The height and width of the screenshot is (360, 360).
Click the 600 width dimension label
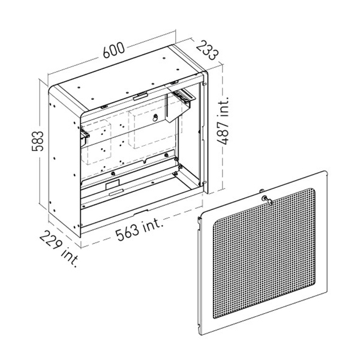114,50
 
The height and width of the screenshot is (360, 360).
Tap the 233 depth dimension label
208,50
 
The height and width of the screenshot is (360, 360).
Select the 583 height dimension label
37,141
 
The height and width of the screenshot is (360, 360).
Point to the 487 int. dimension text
223,120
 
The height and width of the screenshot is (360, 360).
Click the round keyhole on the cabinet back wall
155,118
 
